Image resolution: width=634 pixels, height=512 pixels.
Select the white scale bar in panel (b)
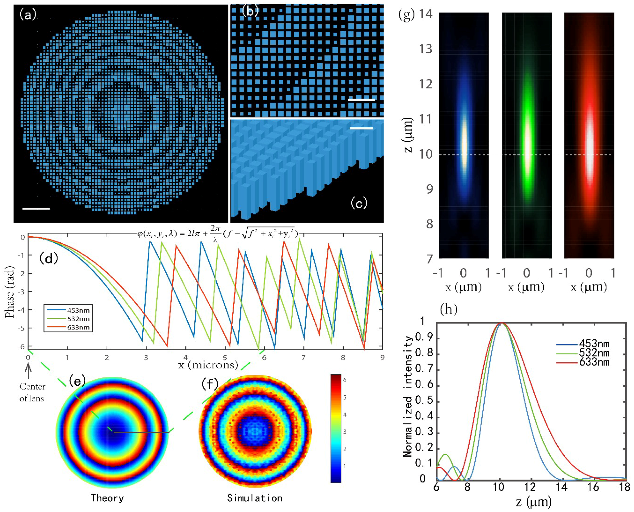(361, 100)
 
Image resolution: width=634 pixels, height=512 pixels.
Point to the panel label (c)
(359, 203)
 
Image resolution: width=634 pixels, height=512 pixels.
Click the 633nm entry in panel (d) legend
(78, 327)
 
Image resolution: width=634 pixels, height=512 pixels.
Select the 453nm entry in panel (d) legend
(78, 310)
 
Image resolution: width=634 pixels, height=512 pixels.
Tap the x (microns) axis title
(208, 365)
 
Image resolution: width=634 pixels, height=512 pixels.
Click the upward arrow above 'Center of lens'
(28, 371)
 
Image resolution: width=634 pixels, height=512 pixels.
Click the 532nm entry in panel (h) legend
(594, 353)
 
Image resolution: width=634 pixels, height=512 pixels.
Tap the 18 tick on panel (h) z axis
(624, 487)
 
